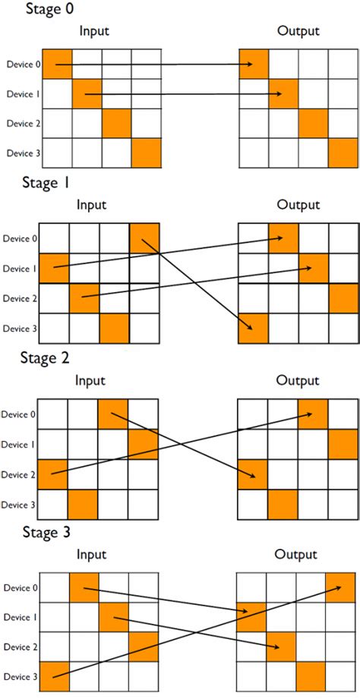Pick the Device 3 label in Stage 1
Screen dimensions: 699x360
(x=21, y=328)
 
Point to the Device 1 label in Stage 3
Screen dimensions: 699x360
(x=21, y=617)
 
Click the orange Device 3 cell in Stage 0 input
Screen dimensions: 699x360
(x=146, y=153)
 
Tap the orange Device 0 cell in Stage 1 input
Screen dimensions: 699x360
(x=144, y=238)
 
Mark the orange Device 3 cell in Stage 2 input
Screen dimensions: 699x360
(x=83, y=503)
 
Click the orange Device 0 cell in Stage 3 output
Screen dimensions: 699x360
(x=340, y=587)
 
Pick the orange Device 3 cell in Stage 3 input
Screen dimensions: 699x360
(x=54, y=676)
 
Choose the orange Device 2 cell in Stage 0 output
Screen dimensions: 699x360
(x=313, y=123)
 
